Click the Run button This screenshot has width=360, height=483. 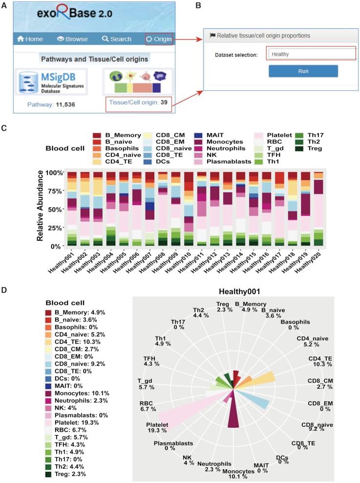coord(303,71)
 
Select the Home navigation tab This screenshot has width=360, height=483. coord(30,39)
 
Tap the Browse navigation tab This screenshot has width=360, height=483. coord(72,39)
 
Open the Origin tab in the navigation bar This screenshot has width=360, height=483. coord(159,39)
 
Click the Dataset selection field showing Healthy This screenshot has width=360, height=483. coord(311,54)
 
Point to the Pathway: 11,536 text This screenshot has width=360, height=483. coord(51,105)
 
